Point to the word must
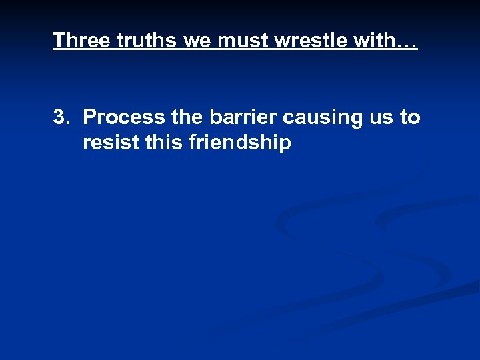[x=240, y=41]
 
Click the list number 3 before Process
[x=60, y=117]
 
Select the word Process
[x=124, y=117]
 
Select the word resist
[x=111, y=143]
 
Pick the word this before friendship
[x=164, y=143]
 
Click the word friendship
[x=241, y=143]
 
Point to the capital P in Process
[x=91, y=117]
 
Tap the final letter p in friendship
[x=285, y=145]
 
